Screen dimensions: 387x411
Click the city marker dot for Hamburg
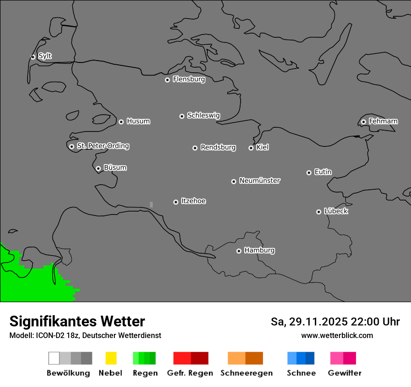[x=239, y=251]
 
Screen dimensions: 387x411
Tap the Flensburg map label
[x=189, y=79]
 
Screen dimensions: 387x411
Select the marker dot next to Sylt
[x=33, y=57]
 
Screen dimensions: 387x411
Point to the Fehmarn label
[x=383, y=121]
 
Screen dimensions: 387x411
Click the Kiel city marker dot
[x=251, y=148]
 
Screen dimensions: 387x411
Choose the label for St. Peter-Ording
[x=103, y=146]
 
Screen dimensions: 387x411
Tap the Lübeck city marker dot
[x=319, y=212]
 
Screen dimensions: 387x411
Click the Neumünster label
[x=260, y=180]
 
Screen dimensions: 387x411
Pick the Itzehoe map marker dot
[x=176, y=202]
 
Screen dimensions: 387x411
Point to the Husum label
[x=138, y=121]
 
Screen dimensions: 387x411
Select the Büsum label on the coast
[x=115, y=167]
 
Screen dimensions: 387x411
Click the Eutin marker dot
[x=309, y=173]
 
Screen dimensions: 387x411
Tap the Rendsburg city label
[x=218, y=147]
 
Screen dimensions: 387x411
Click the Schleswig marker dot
[x=182, y=116]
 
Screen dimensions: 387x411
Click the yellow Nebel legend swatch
[x=111, y=358]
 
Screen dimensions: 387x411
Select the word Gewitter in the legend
[x=345, y=373]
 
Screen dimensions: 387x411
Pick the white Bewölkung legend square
[x=54, y=358]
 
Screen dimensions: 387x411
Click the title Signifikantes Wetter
[x=77, y=321]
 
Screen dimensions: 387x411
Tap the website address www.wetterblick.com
[x=337, y=335]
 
